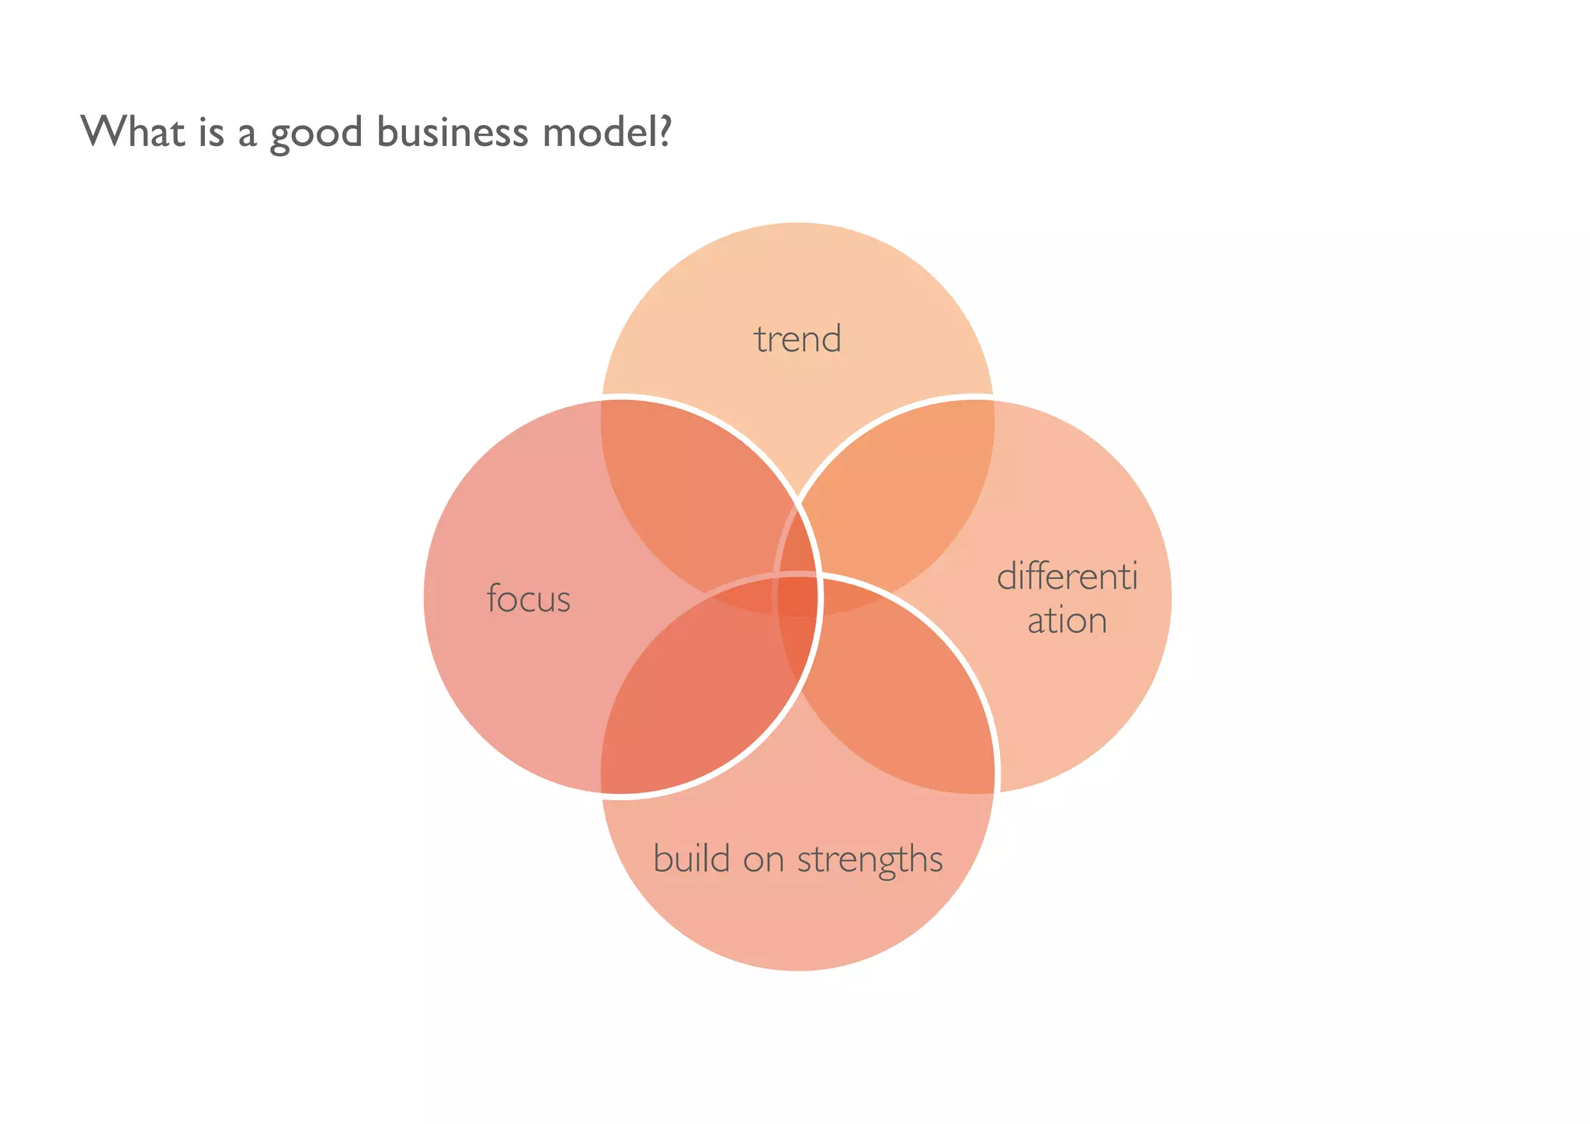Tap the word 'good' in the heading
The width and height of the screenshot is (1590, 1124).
click(x=315, y=134)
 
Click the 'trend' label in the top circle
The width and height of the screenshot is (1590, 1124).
click(x=797, y=339)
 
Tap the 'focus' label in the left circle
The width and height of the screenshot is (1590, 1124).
click(x=529, y=599)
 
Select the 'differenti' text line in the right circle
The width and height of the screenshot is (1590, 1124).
click(x=1067, y=577)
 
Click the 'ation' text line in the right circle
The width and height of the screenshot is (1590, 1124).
click(x=1067, y=621)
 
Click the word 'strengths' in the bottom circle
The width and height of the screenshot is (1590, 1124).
click(x=870, y=860)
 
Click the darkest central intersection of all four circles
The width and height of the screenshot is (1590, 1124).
click(x=798, y=597)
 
